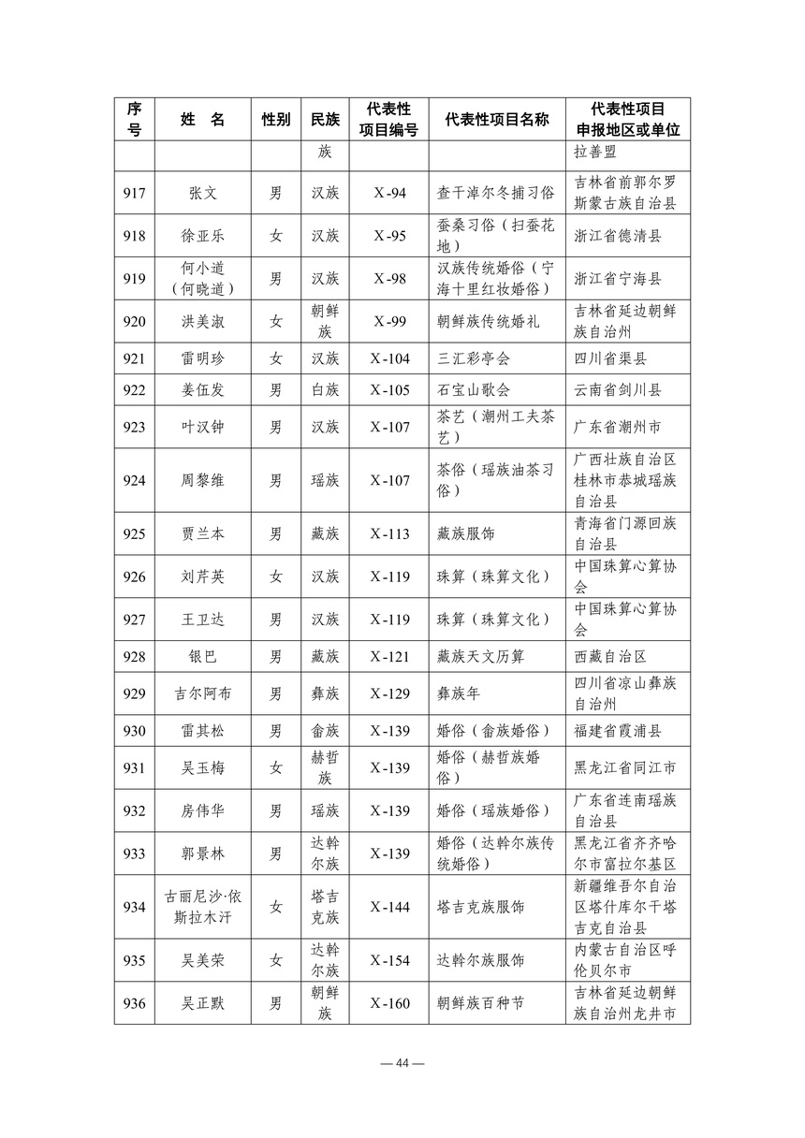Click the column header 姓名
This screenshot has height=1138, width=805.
point(202,119)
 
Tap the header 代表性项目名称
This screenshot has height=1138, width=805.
point(496,119)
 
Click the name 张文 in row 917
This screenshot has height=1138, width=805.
point(202,193)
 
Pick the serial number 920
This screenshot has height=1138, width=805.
point(134,321)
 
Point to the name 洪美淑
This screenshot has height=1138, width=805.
point(202,321)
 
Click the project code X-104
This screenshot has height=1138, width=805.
point(389,358)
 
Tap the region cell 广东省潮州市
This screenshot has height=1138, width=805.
point(617,427)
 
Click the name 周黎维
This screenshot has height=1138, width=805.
point(202,480)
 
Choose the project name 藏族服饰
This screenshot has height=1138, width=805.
point(466,533)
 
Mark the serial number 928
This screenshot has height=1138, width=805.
point(134,656)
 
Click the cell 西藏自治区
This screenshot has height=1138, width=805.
point(610,656)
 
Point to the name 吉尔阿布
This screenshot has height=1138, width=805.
point(202,693)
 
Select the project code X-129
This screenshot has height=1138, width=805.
point(389,693)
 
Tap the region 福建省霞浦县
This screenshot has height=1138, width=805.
point(617,730)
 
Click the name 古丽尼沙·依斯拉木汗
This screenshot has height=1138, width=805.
point(202,906)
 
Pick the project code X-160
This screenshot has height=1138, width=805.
point(389,1003)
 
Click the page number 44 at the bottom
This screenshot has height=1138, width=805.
point(402,1063)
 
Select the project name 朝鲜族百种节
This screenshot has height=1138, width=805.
point(480,1003)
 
